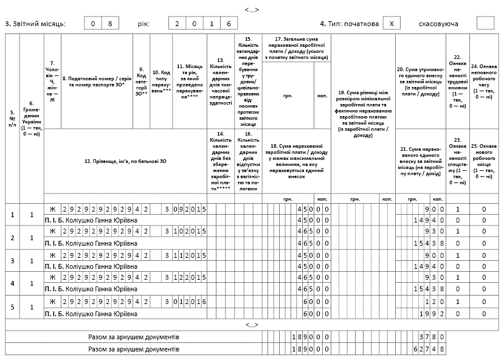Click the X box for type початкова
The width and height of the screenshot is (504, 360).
pyautogui.click(x=394, y=24)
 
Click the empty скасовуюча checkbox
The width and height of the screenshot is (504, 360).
pyautogui.click(x=486, y=24)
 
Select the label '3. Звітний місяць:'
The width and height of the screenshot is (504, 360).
pyautogui.click(x=35, y=24)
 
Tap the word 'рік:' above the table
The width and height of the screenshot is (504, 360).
pyautogui.click(x=143, y=24)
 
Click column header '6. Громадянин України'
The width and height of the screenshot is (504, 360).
pyautogui.click(x=32, y=119)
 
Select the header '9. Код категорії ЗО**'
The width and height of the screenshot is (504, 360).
pyautogui.click(x=141, y=81)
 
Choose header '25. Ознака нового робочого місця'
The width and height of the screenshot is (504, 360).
pyautogui.click(x=484, y=161)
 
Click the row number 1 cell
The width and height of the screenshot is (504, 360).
pyautogui.click(x=12, y=214)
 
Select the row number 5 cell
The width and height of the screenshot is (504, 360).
pyautogui.click(x=12, y=308)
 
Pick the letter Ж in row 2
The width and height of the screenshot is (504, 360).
pyautogui.click(x=52, y=232)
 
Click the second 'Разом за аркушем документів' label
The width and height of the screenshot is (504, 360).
pyautogui.click(x=134, y=350)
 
